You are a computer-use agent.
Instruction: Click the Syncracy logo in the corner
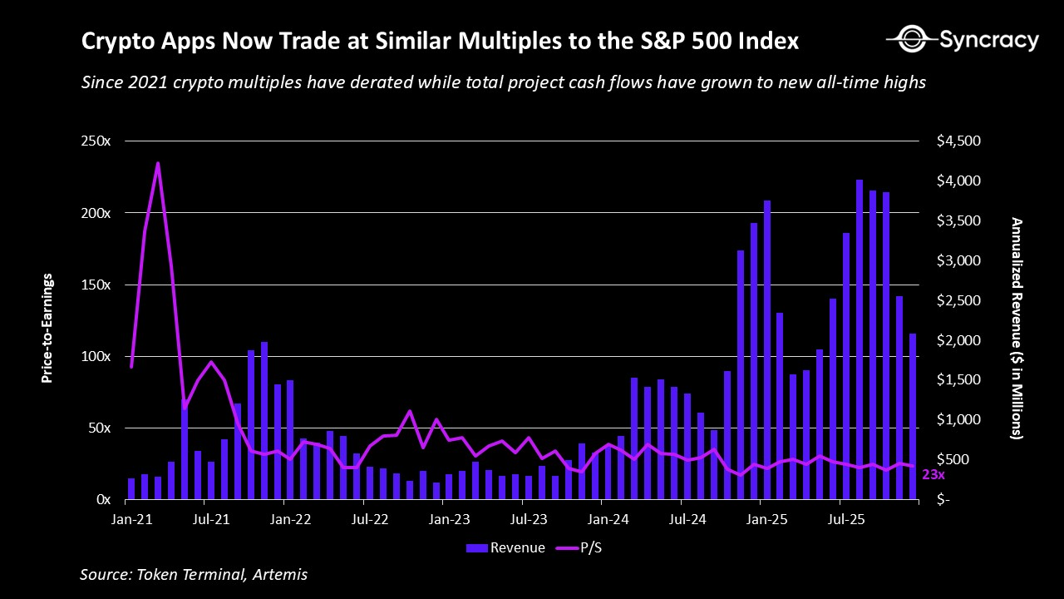(963, 39)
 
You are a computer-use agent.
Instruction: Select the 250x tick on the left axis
(96, 141)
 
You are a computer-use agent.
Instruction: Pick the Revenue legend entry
(505, 547)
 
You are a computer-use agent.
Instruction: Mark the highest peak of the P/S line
(158, 163)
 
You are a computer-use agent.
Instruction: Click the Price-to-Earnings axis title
(47, 328)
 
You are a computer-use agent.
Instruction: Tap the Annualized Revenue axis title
(1016, 328)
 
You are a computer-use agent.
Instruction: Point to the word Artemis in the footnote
(283, 575)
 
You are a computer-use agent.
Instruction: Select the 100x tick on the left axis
(96, 356)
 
